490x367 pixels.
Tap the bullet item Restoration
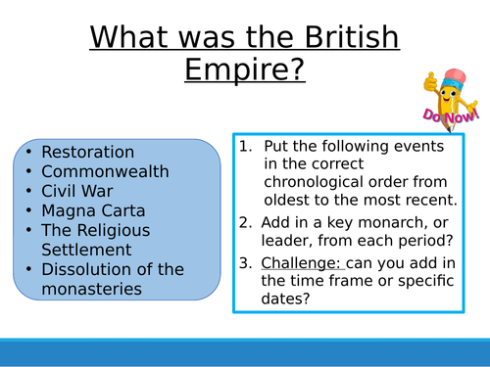coord(87,153)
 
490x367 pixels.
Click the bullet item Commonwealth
coord(105,172)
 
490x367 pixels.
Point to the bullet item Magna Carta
coord(94,211)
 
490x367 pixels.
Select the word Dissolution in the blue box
coord(85,269)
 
